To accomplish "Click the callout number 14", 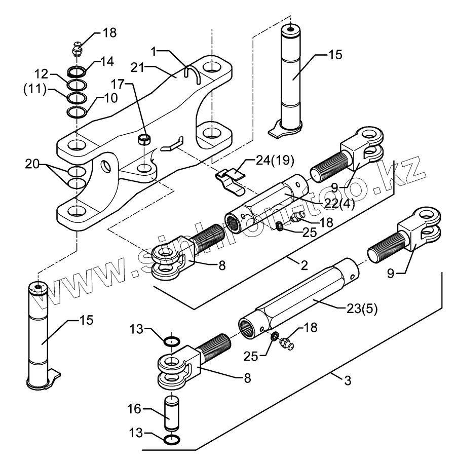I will (x=107, y=62).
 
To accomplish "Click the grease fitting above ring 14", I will (x=77, y=51).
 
